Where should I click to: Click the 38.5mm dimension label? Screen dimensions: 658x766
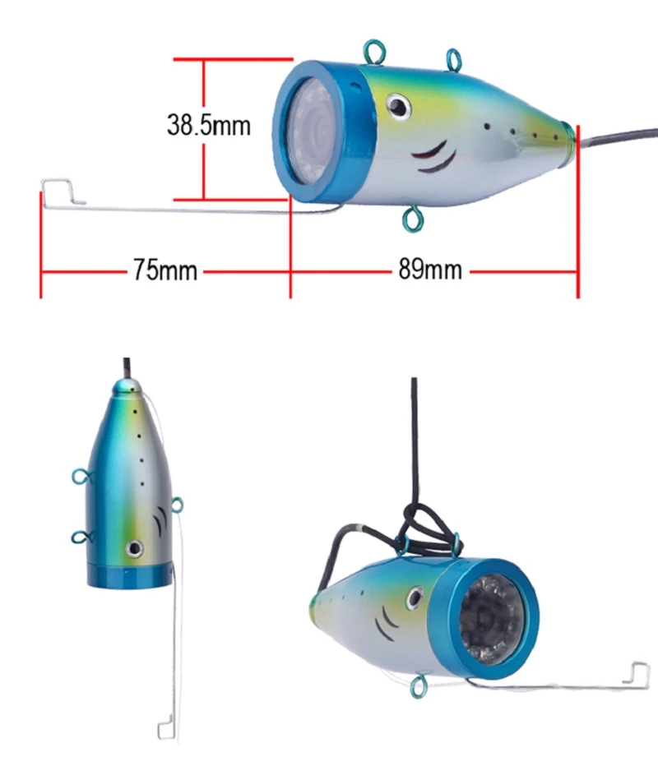point(209,126)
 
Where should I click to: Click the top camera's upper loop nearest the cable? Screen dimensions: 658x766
point(453,58)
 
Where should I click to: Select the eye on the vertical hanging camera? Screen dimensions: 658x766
point(132,547)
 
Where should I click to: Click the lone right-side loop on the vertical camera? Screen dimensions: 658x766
point(178,505)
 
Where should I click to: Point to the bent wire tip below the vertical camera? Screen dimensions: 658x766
point(168,727)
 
